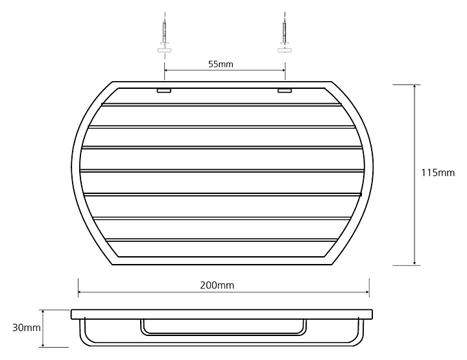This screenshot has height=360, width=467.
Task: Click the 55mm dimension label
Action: tap(221, 64)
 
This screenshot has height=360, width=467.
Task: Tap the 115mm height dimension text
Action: tap(438, 173)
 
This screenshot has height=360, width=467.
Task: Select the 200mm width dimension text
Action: tap(217, 285)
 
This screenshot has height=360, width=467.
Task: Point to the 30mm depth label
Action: tap(26, 328)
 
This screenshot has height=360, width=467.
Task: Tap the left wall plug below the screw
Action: tap(164, 49)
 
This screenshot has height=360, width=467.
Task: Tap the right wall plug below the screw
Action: tap(285, 49)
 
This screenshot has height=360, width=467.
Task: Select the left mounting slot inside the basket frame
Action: tap(164, 91)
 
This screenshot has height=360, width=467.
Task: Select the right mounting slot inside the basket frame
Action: tap(285, 91)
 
